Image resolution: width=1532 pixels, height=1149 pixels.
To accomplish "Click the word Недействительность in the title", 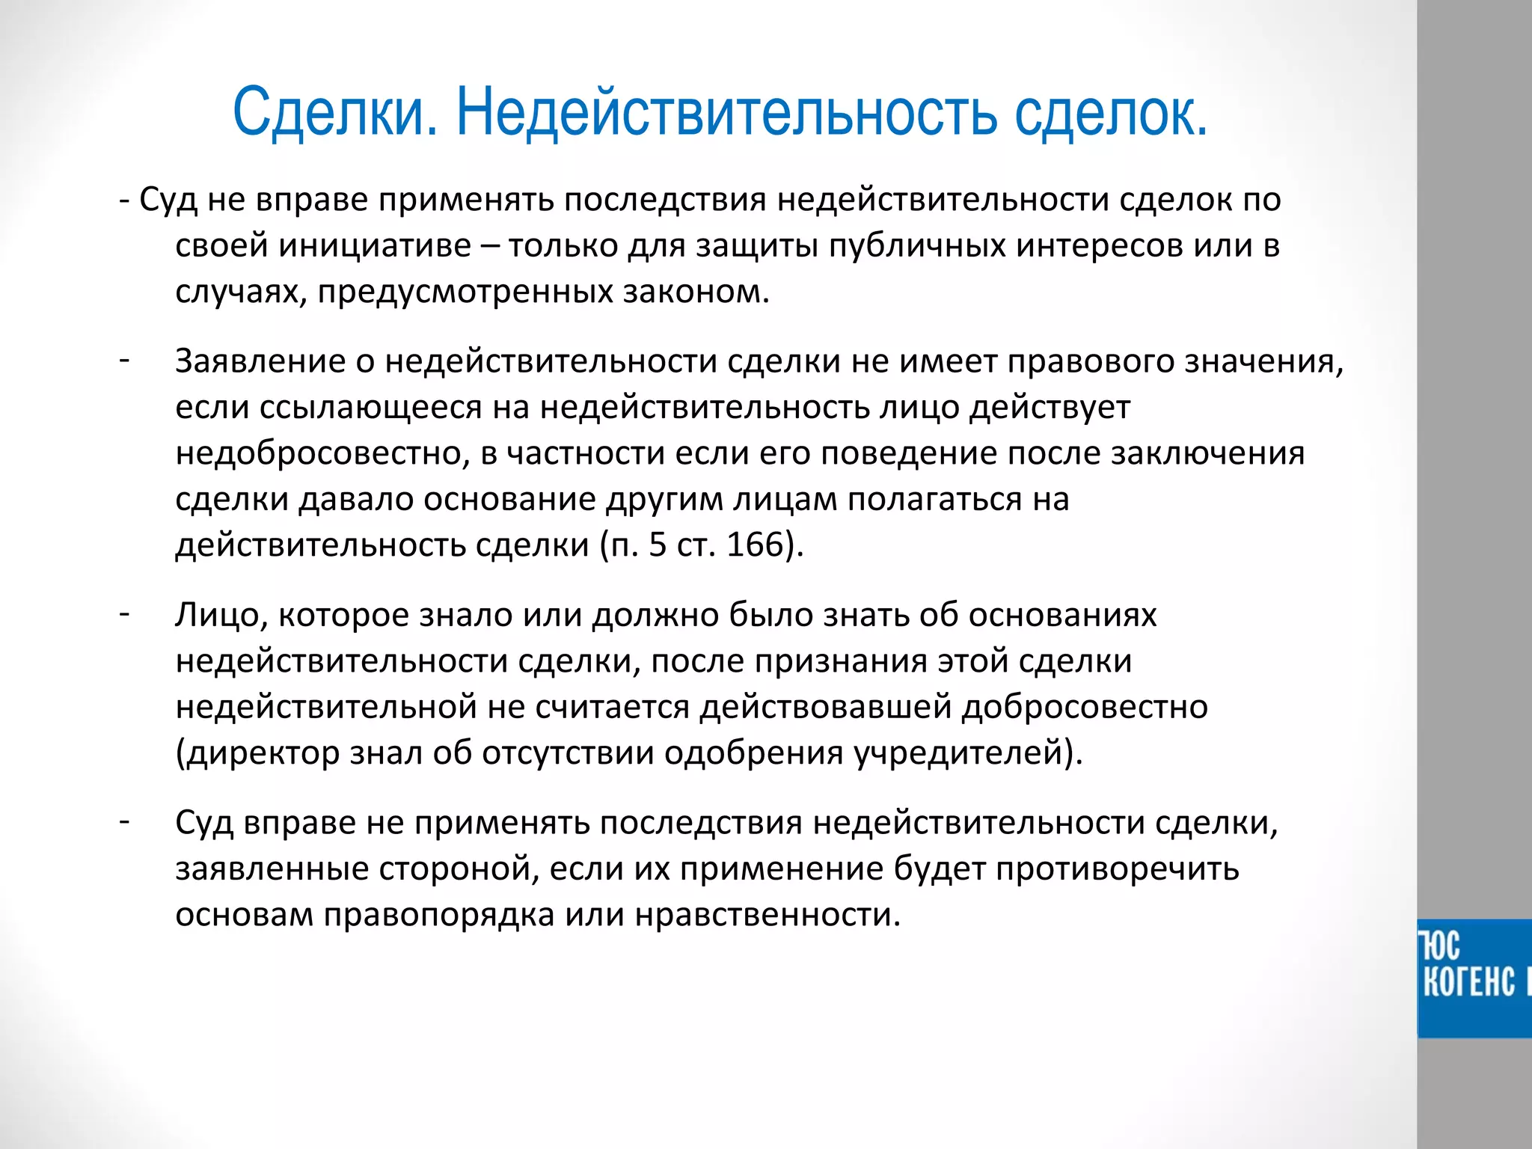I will [726, 112].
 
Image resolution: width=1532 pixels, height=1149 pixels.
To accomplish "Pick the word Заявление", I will [260, 361].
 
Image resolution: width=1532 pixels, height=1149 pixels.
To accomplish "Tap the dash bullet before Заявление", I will [124, 360].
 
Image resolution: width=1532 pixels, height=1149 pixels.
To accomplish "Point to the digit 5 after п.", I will [657, 545].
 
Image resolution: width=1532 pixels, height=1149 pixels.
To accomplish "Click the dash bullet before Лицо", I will [124, 613].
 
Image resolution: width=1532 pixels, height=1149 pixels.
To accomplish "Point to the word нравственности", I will [767, 915].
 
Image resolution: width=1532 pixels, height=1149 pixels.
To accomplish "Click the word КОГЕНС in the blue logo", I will [1468, 981].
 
